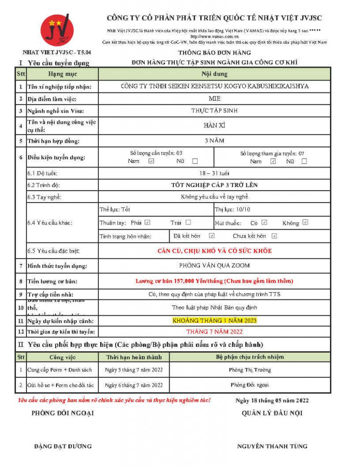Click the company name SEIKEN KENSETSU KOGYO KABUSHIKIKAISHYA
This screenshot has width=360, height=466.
(x=214, y=86)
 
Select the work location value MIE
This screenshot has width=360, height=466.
(x=214, y=99)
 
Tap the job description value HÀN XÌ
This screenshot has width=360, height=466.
(x=214, y=125)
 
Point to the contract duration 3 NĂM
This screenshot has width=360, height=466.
(x=214, y=141)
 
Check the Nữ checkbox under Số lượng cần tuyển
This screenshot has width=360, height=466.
(x=195, y=161)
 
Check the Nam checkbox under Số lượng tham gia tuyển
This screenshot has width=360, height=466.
(x=273, y=161)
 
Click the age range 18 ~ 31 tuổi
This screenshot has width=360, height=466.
(x=214, y=173)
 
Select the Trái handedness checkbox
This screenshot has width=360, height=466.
(x=188, y=223)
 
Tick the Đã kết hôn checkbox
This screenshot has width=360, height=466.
(x=212, y=236)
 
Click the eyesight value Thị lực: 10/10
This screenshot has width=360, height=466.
(x=232, y=209)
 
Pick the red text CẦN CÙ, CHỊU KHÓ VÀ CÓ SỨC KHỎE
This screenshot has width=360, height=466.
(x=214, y=251)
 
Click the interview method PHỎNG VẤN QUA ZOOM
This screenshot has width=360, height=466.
(x=214, y=265)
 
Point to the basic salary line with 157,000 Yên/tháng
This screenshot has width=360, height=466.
(x=214, y=281)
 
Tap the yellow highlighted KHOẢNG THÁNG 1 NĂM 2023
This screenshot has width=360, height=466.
(x=214, y=320)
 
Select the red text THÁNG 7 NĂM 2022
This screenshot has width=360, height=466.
(x=214, y=331)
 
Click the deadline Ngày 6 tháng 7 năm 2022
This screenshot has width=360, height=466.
(x=134, y=385)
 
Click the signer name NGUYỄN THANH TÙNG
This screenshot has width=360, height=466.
(x=272, y=446)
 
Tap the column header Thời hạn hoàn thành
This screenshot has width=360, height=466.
(x=134, y=357)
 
